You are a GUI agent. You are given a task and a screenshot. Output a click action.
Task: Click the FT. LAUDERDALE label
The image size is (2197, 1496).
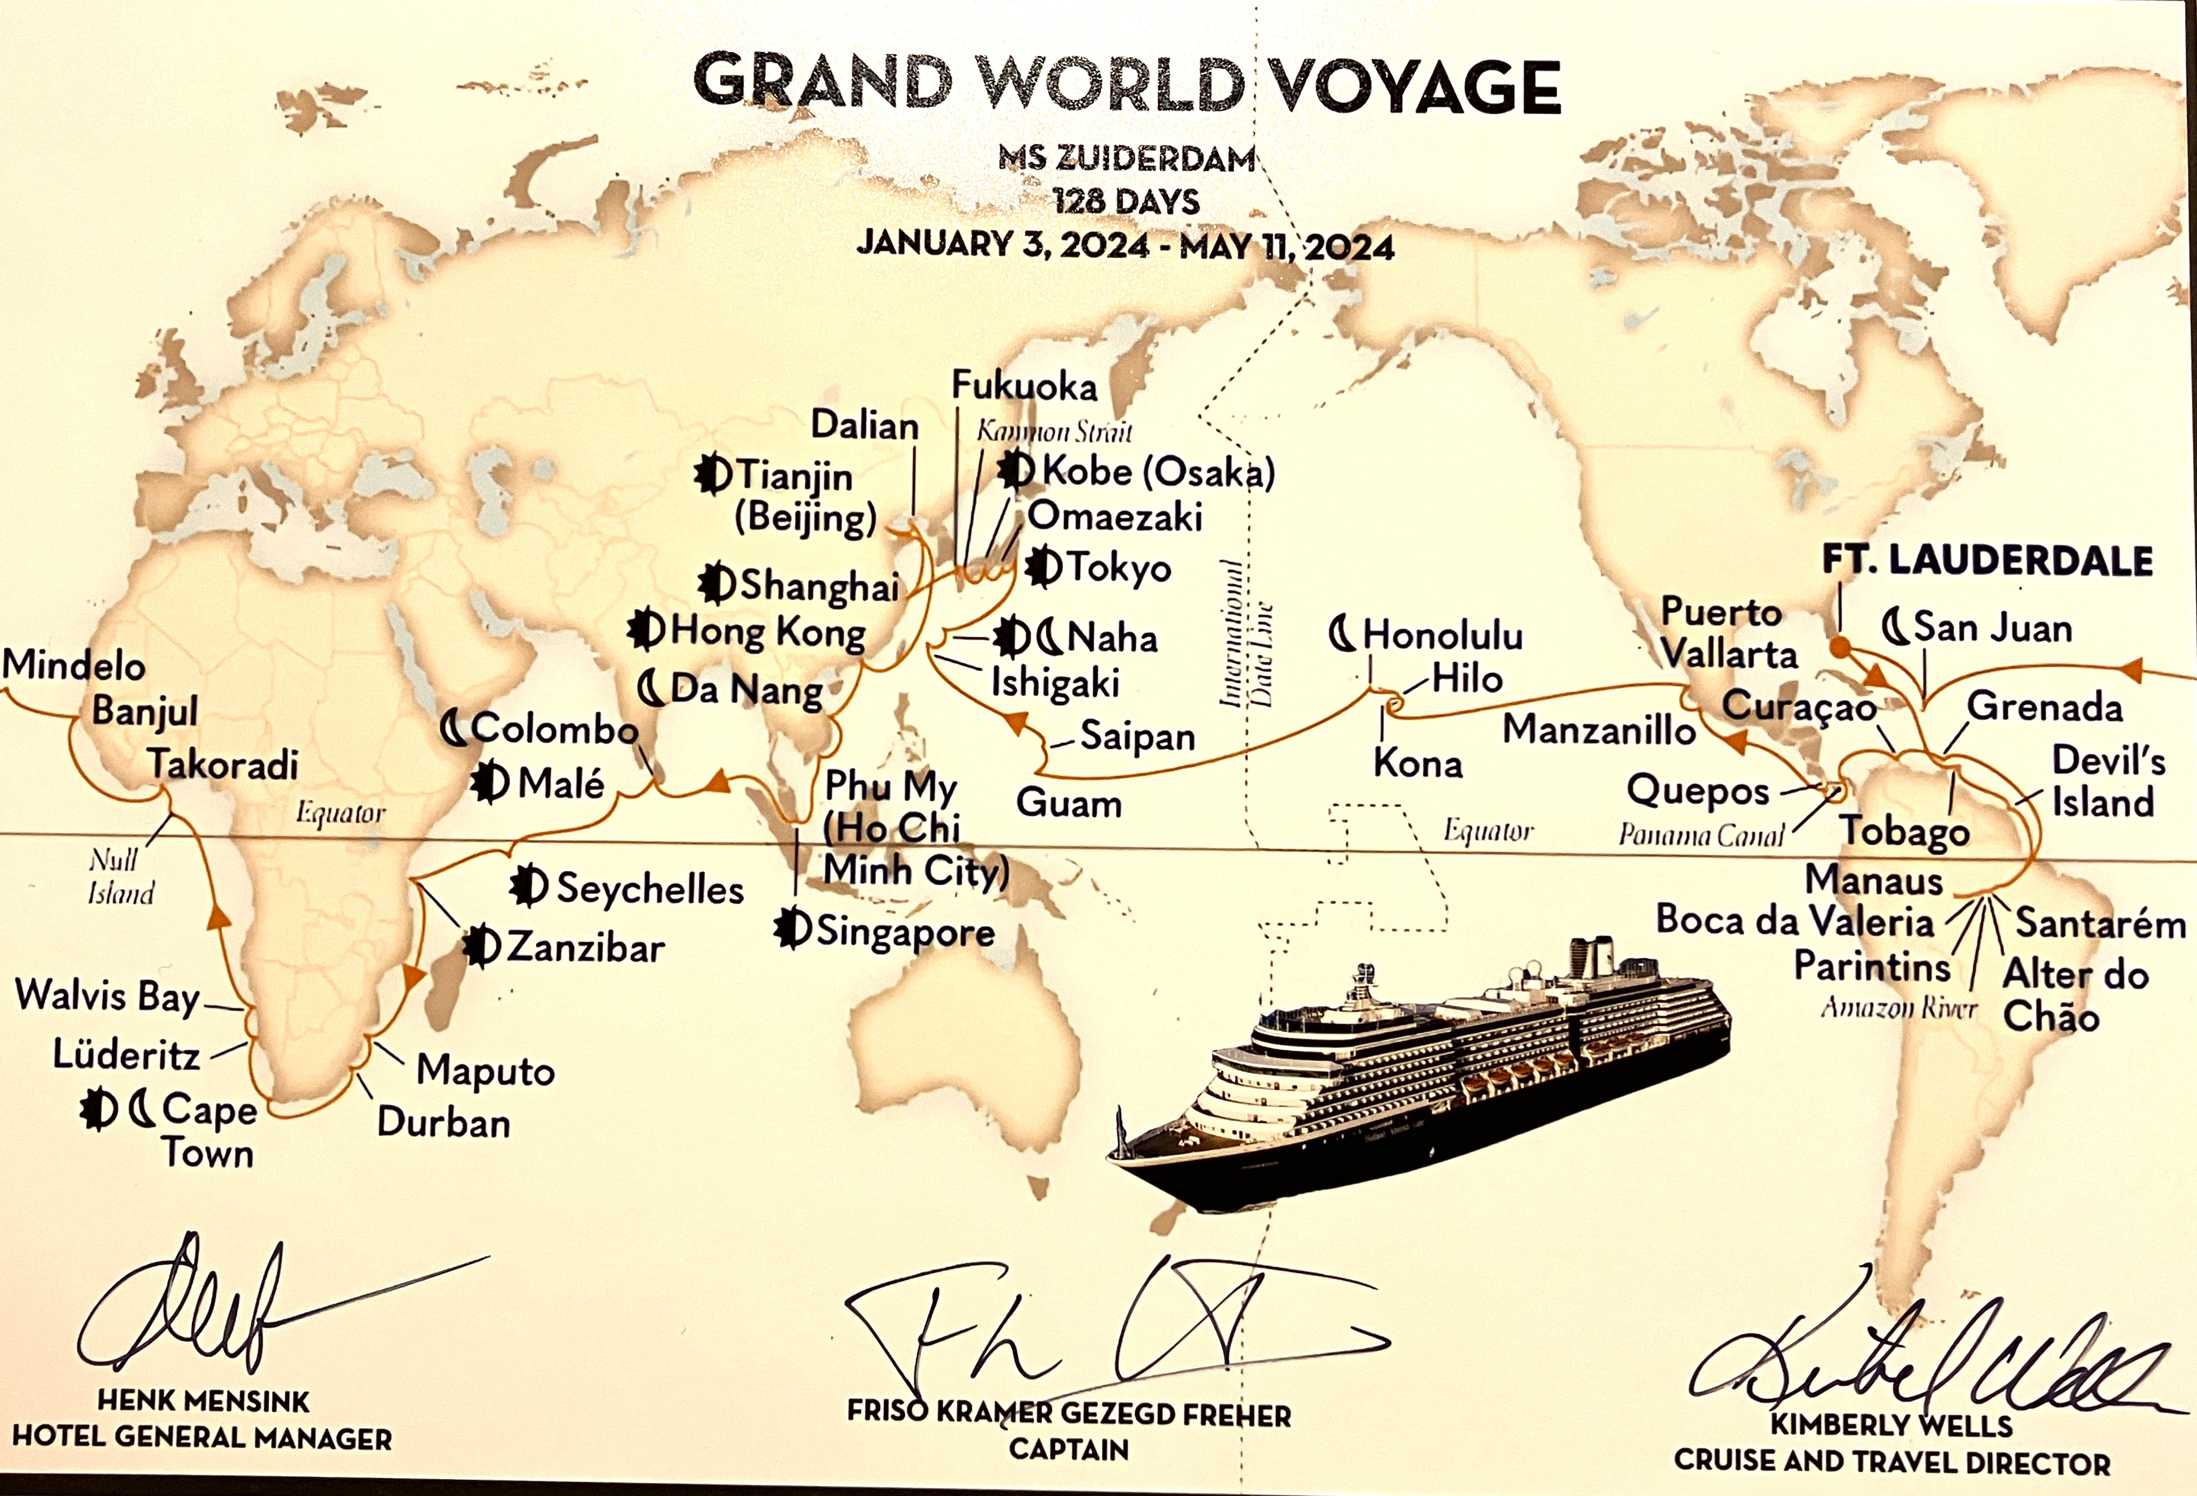click(x=1987, y=561)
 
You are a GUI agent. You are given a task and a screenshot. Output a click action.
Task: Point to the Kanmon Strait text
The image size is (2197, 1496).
click(x=1054, y=432)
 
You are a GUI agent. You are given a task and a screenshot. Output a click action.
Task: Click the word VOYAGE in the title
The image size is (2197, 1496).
click(x=1413, y=85)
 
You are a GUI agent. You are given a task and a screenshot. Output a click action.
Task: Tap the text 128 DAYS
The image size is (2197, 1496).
click(x=1127, y=202)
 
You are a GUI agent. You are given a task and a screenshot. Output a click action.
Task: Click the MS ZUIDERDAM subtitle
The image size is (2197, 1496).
click(x=1127, y=158)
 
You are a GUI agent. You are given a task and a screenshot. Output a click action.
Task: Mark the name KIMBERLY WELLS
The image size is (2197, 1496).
click(x=1891, y=1424)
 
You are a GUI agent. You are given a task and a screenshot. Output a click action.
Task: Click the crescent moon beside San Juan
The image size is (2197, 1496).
click(x=1895, y=626)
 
